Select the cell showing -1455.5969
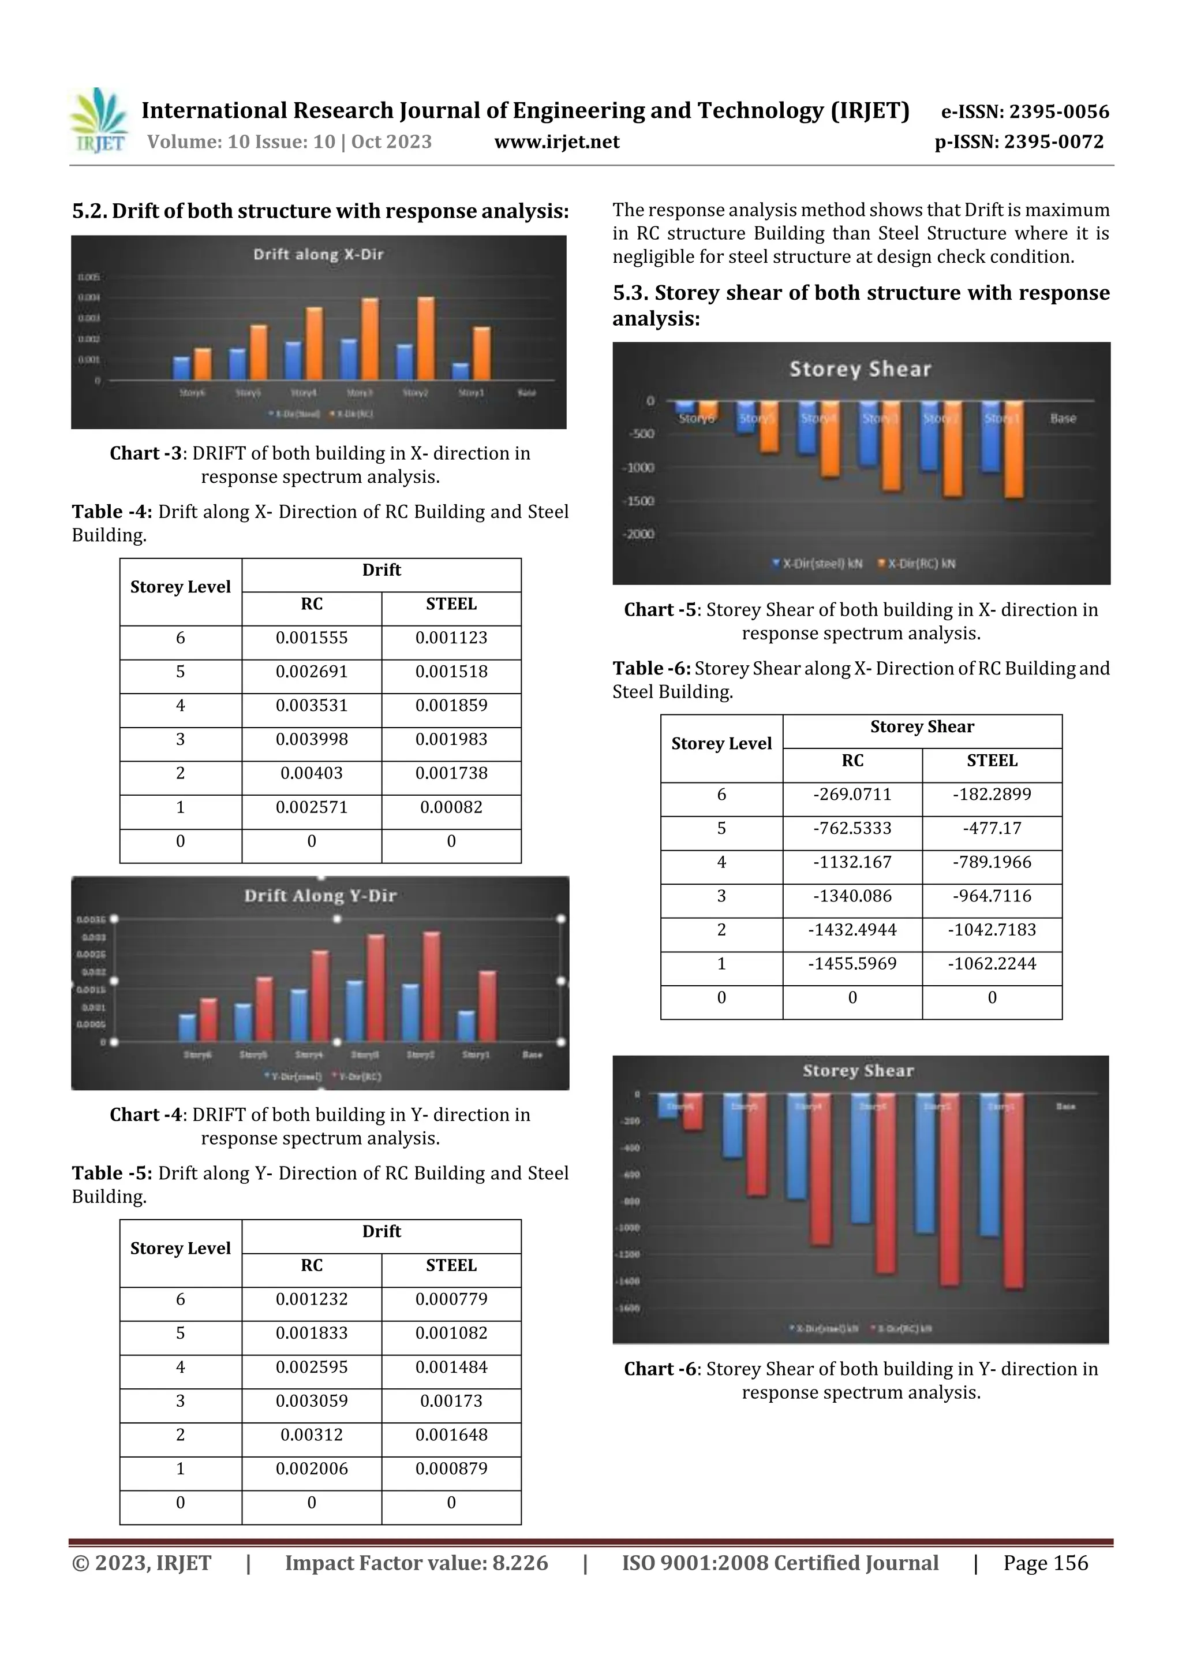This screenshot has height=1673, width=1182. click(x=852, y=963)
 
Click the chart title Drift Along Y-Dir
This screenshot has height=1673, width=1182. click(x=320, y=896)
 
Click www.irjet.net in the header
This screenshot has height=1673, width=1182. click(x=556, y=142)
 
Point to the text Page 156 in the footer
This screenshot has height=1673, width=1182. click(x=1045, y=1563)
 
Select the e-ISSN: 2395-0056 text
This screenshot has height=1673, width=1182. click(x=1024, y=111)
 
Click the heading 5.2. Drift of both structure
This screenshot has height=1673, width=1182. click(x=320, y=211)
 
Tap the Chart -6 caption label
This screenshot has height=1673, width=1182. click(x=660, y=1369)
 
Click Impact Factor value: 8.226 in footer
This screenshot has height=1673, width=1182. click(x=416, y=1563)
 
